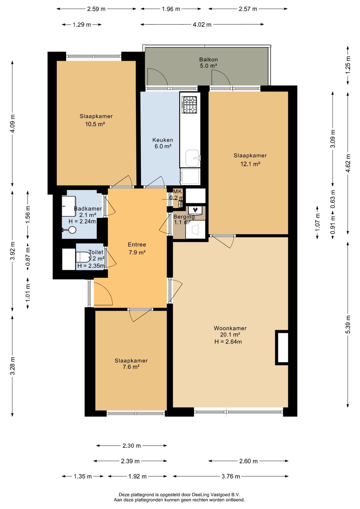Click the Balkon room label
pos(208,59)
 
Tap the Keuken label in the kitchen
pos(163,140)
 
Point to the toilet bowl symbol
pos(83,257)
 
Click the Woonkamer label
pos(230,328)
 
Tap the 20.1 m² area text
pos(230,335)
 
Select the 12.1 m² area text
pos(250,163)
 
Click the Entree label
pos(137,244)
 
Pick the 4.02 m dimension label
pos(202,25)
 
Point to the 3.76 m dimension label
pos(231,476)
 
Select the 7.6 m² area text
pos(131,367)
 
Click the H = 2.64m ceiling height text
pos(228,341)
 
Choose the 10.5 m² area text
pos(95,124)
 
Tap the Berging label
pos(184,216)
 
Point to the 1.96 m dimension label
pos(171,9)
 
